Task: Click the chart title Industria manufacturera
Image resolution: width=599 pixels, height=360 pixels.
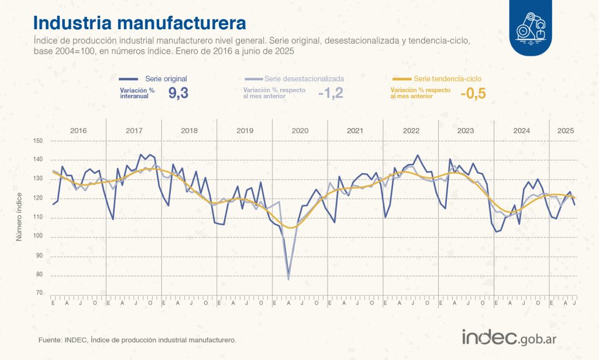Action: pos(139,23)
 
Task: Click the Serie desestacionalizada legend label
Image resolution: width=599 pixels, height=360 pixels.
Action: pos(304,78)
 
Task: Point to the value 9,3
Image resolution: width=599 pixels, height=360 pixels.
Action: pos(178,93)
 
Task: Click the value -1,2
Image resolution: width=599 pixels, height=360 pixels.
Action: pos(331,93)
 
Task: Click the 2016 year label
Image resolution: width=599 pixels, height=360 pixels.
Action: pos(78,130)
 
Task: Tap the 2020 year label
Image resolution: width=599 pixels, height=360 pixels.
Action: pos(299,130)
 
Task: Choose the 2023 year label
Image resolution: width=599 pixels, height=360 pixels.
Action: pos(466,130)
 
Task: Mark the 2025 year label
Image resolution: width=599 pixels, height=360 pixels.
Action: pos(565,130)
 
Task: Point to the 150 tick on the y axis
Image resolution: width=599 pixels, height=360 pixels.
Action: pos(39,141)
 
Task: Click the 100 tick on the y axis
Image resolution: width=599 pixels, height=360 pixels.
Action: pos(39,236)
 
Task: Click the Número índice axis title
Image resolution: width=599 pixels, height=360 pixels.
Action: pos(18,217)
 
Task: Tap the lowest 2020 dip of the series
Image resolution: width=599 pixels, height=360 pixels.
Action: pos(288,279)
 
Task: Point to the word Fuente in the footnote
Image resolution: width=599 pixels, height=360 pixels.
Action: pos(50,340)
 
